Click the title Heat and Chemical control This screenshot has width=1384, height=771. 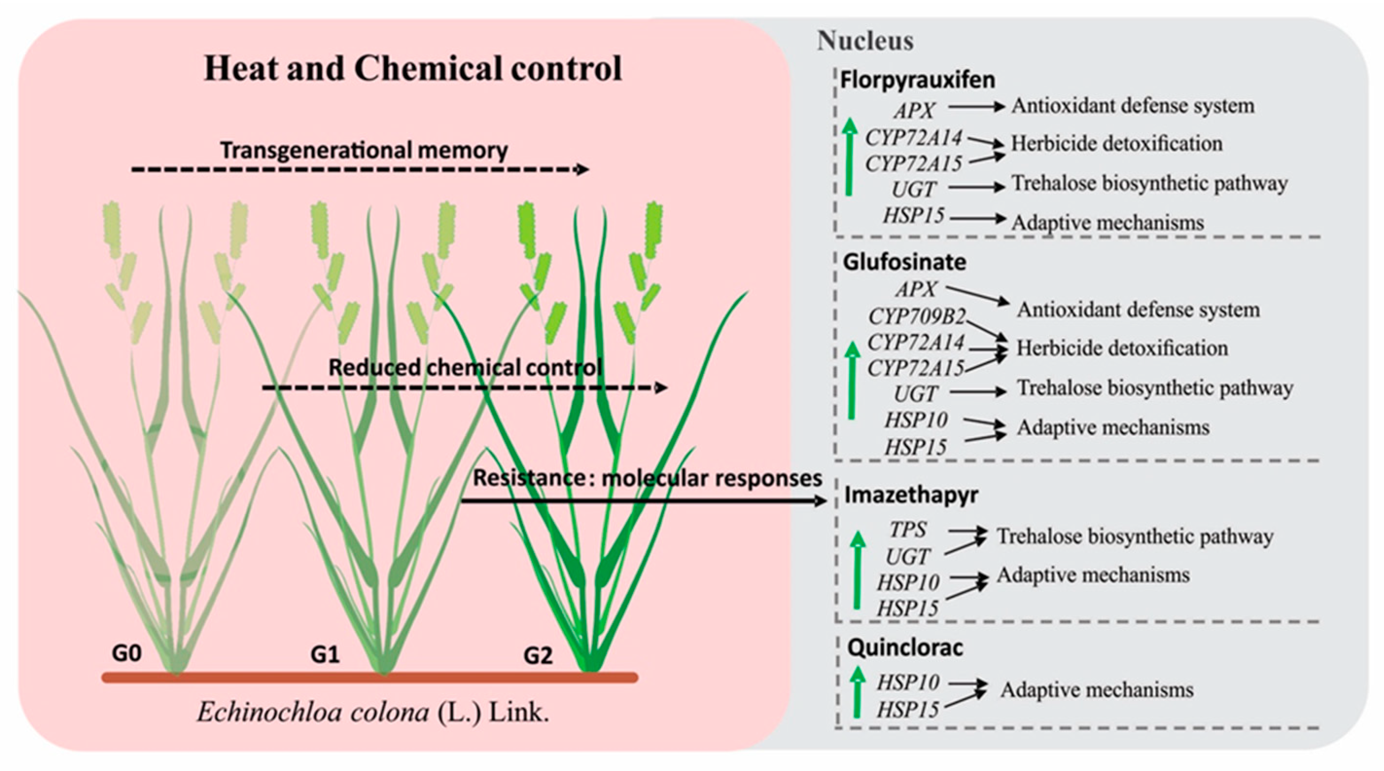pyautogui.click(x=413, y=69)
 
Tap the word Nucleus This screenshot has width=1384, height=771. pyautogui.click(x=865, y=41)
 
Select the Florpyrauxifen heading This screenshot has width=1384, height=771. pyautogui.click(x=917, y=80)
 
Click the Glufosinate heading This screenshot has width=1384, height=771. pyautogui.click(x=904, y=262)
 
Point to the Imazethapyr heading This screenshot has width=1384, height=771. pyautogui.click(x=911, y=495)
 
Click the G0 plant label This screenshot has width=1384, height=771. pyautogui.click(x=127, y=653)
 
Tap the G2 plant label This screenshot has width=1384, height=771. pyautogui.click(x=538, y=656)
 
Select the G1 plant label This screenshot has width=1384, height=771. pyautogui.click(x=325, y=655)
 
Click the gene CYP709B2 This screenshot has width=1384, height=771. pyautogui.click(x=916, y=317)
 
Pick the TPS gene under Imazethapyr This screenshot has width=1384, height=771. pyautogui.click(x=908, y=530)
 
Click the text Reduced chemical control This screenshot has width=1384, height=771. pyautogui.click(x=465, y=368)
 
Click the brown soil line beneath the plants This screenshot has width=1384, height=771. pyautogui.click(x=369, y=678)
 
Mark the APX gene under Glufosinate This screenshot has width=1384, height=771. pyautogui.click(x=915, y=289)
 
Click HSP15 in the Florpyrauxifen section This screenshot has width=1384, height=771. pyautogui.click(x=913, y=216)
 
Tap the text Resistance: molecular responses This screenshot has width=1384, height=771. pyautogui.click(x=647, y=478)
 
